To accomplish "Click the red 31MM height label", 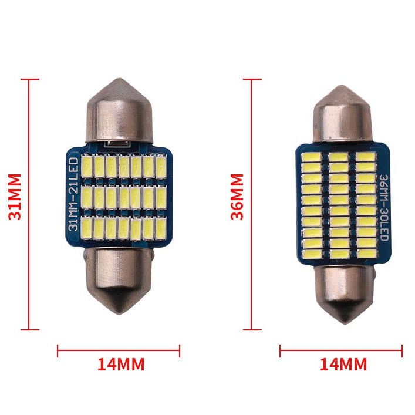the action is [x=15, y=197].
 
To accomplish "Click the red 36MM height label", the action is [x=237, y=197].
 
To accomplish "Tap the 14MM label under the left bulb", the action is [x=121, y=365].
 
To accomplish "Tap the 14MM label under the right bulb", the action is [x=343, y=365].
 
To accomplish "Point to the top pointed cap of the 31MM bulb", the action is [x=119, y=111].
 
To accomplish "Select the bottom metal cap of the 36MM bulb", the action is [x=344, y=294].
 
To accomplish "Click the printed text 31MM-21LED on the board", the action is [x=73, y=194].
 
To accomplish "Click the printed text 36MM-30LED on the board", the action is [x=383, y=208].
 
